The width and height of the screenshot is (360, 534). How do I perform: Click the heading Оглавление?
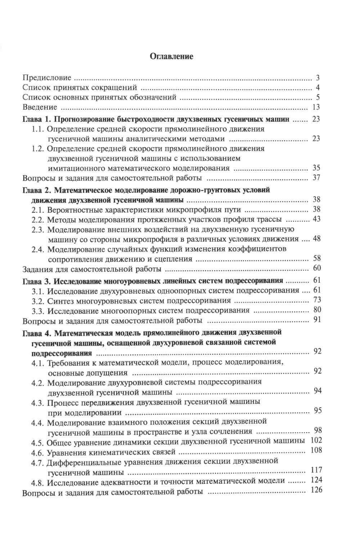click(171, 56)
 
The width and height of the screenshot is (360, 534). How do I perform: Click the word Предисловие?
click(47, 78)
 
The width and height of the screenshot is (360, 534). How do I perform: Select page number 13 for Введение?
click(316, 107)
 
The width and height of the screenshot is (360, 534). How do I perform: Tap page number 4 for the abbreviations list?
click(318, 87)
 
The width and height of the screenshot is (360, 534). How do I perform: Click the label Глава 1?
click(34, 119)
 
